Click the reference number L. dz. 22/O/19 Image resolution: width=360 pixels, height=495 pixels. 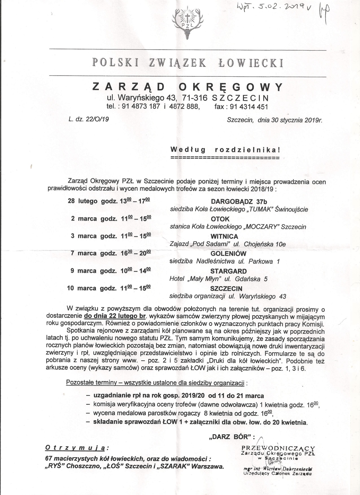tap(88, 119)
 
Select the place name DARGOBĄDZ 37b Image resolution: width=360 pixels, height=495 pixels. tap(239, 202)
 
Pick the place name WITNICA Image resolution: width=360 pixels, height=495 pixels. tap(224, 236)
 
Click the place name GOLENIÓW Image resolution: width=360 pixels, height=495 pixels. tap(228, 254)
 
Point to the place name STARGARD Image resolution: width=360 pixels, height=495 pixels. tap(228, 271)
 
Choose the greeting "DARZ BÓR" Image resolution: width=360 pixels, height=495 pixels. tap(230, 437)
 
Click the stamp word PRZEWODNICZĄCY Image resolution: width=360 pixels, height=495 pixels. tap(278, 448)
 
